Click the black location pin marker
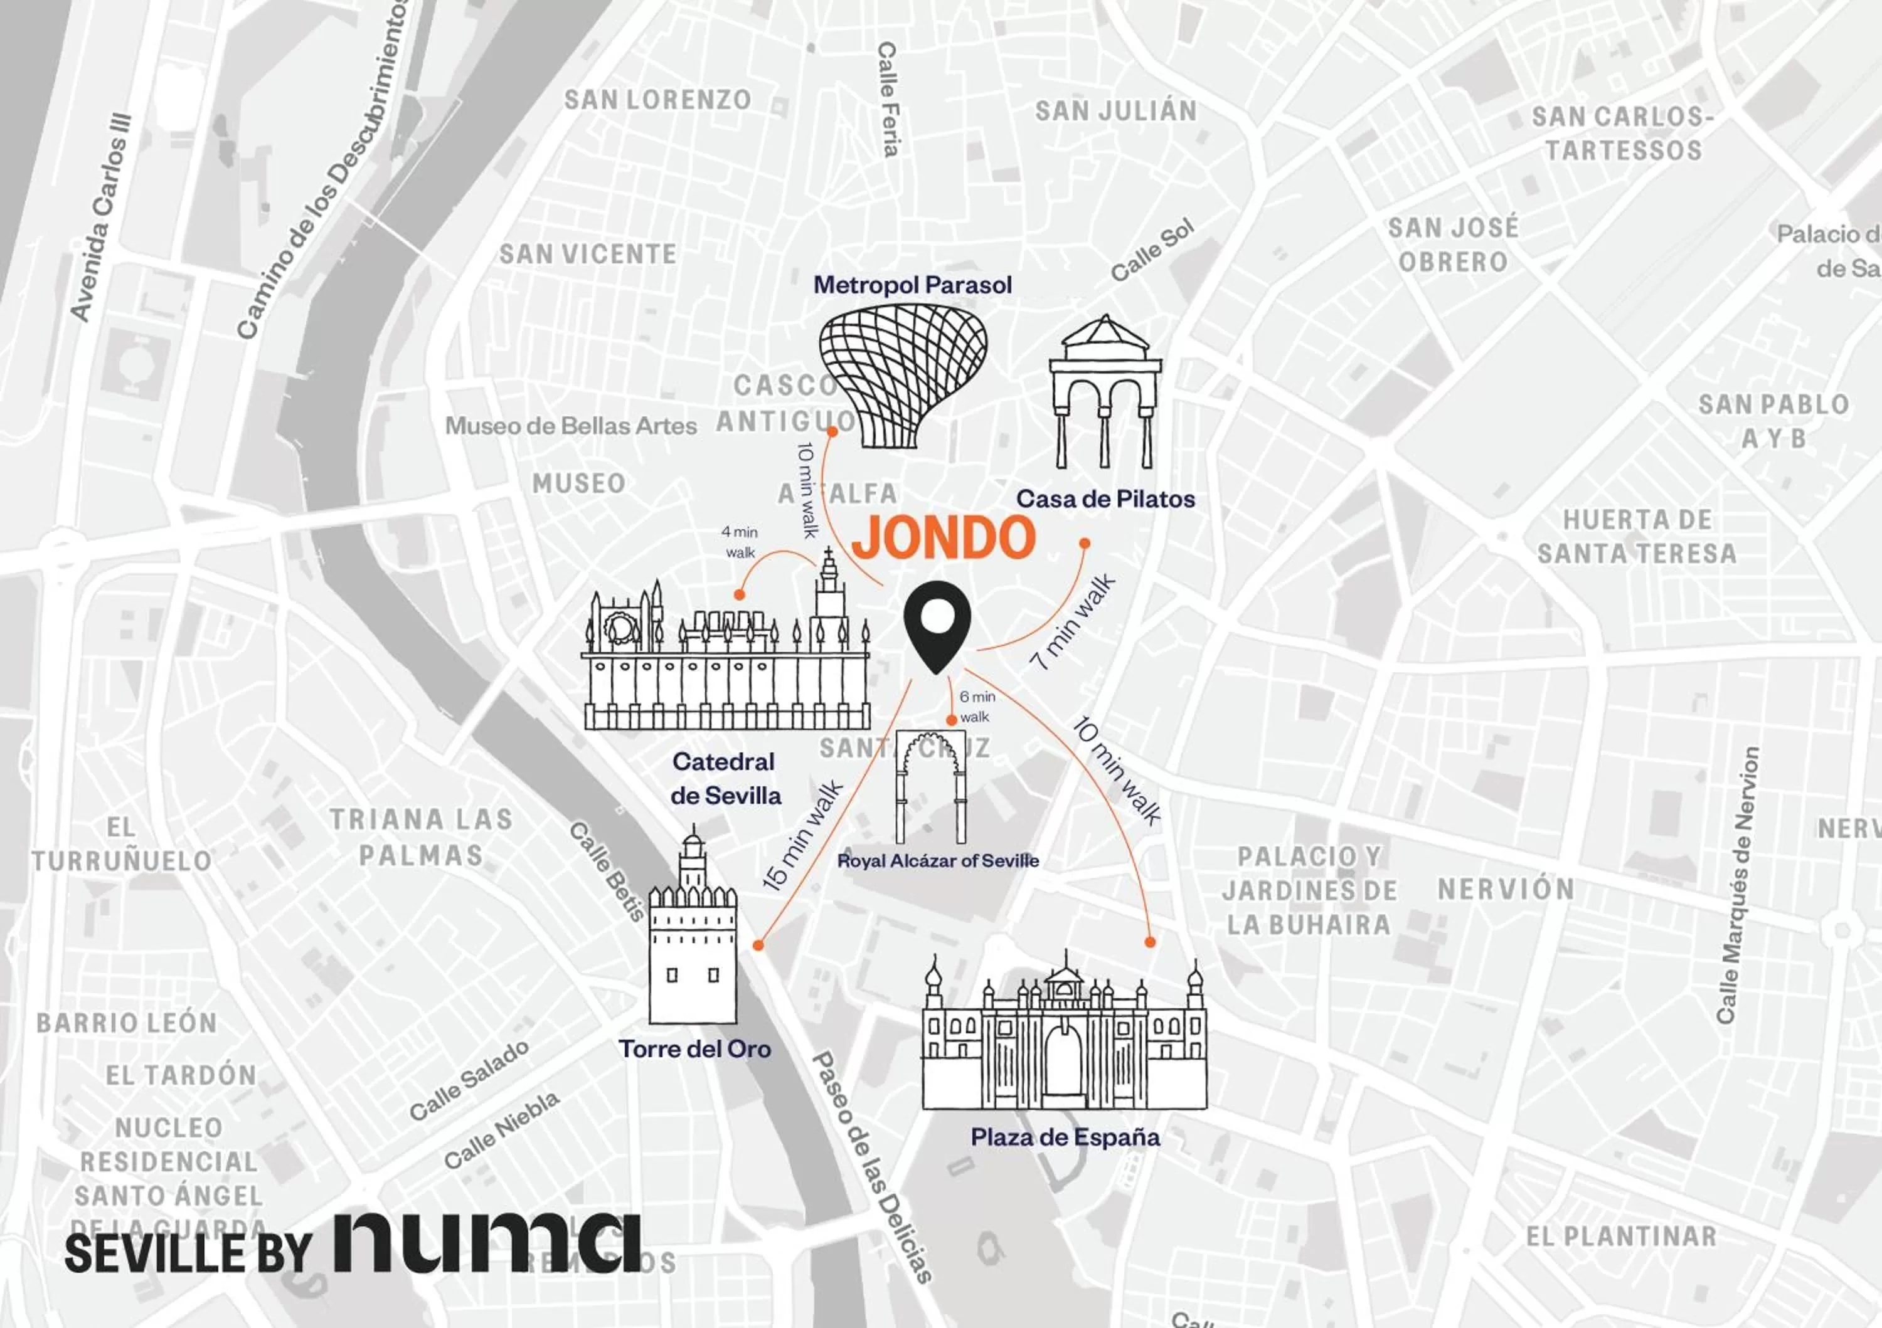click(937, 624)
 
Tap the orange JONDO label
click(944, 537)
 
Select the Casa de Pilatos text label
click(1105, 499)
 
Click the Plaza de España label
click(1065, 1137)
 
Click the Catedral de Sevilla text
click(725, 778)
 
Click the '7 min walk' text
click(1072, 622)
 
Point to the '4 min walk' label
click(740, 542)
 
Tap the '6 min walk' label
click(977, 706)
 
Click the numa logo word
click(487, 1242)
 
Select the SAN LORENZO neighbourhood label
click(657, 100)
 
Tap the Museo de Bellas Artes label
click(570, 426)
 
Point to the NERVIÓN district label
click(1506, 890)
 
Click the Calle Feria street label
click(888, 98)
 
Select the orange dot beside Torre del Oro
click(758, 946)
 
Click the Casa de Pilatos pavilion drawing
click(1105, 393)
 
